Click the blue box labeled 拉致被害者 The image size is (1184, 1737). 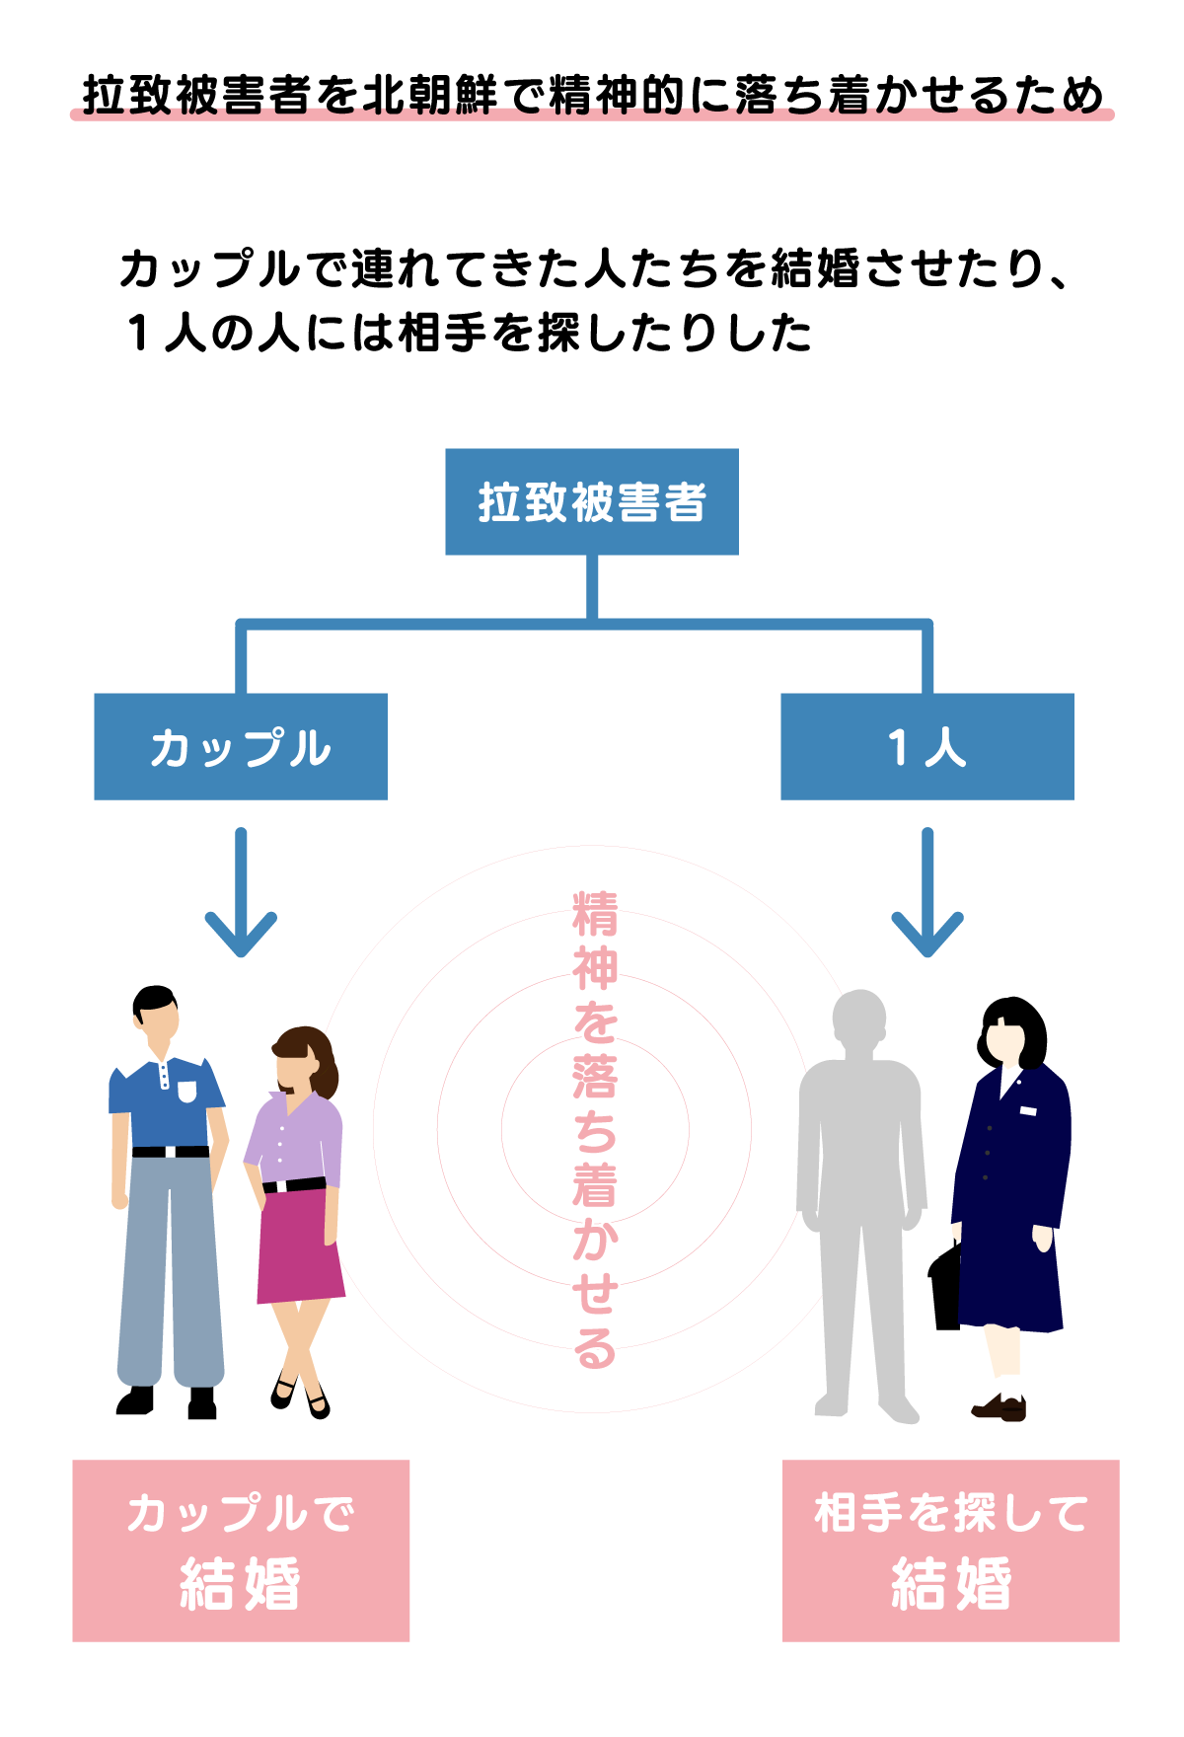[x=592, y=501]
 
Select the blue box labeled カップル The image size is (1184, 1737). [x=241, y=746]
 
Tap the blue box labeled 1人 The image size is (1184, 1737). [x=926, y=746]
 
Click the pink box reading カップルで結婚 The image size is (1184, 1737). [x=241, y=1550]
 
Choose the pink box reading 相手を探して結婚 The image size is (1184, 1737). [x=950, y=1550]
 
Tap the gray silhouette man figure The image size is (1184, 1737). [x=860, y=1184]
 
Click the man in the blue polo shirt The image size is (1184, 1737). [x=168, y=1184]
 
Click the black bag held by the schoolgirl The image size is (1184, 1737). [x=945, y=1288]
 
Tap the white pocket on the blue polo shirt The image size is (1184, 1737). [x=186, y=1092]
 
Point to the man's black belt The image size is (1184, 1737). [x=170, y=1152]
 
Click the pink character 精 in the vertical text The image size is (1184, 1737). [x=595, y=914]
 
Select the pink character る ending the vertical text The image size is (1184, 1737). [x=595, y=1348]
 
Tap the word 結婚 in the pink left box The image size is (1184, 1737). [x=241, y=1584]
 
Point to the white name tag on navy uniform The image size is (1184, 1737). [x=1028, y=1111]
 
